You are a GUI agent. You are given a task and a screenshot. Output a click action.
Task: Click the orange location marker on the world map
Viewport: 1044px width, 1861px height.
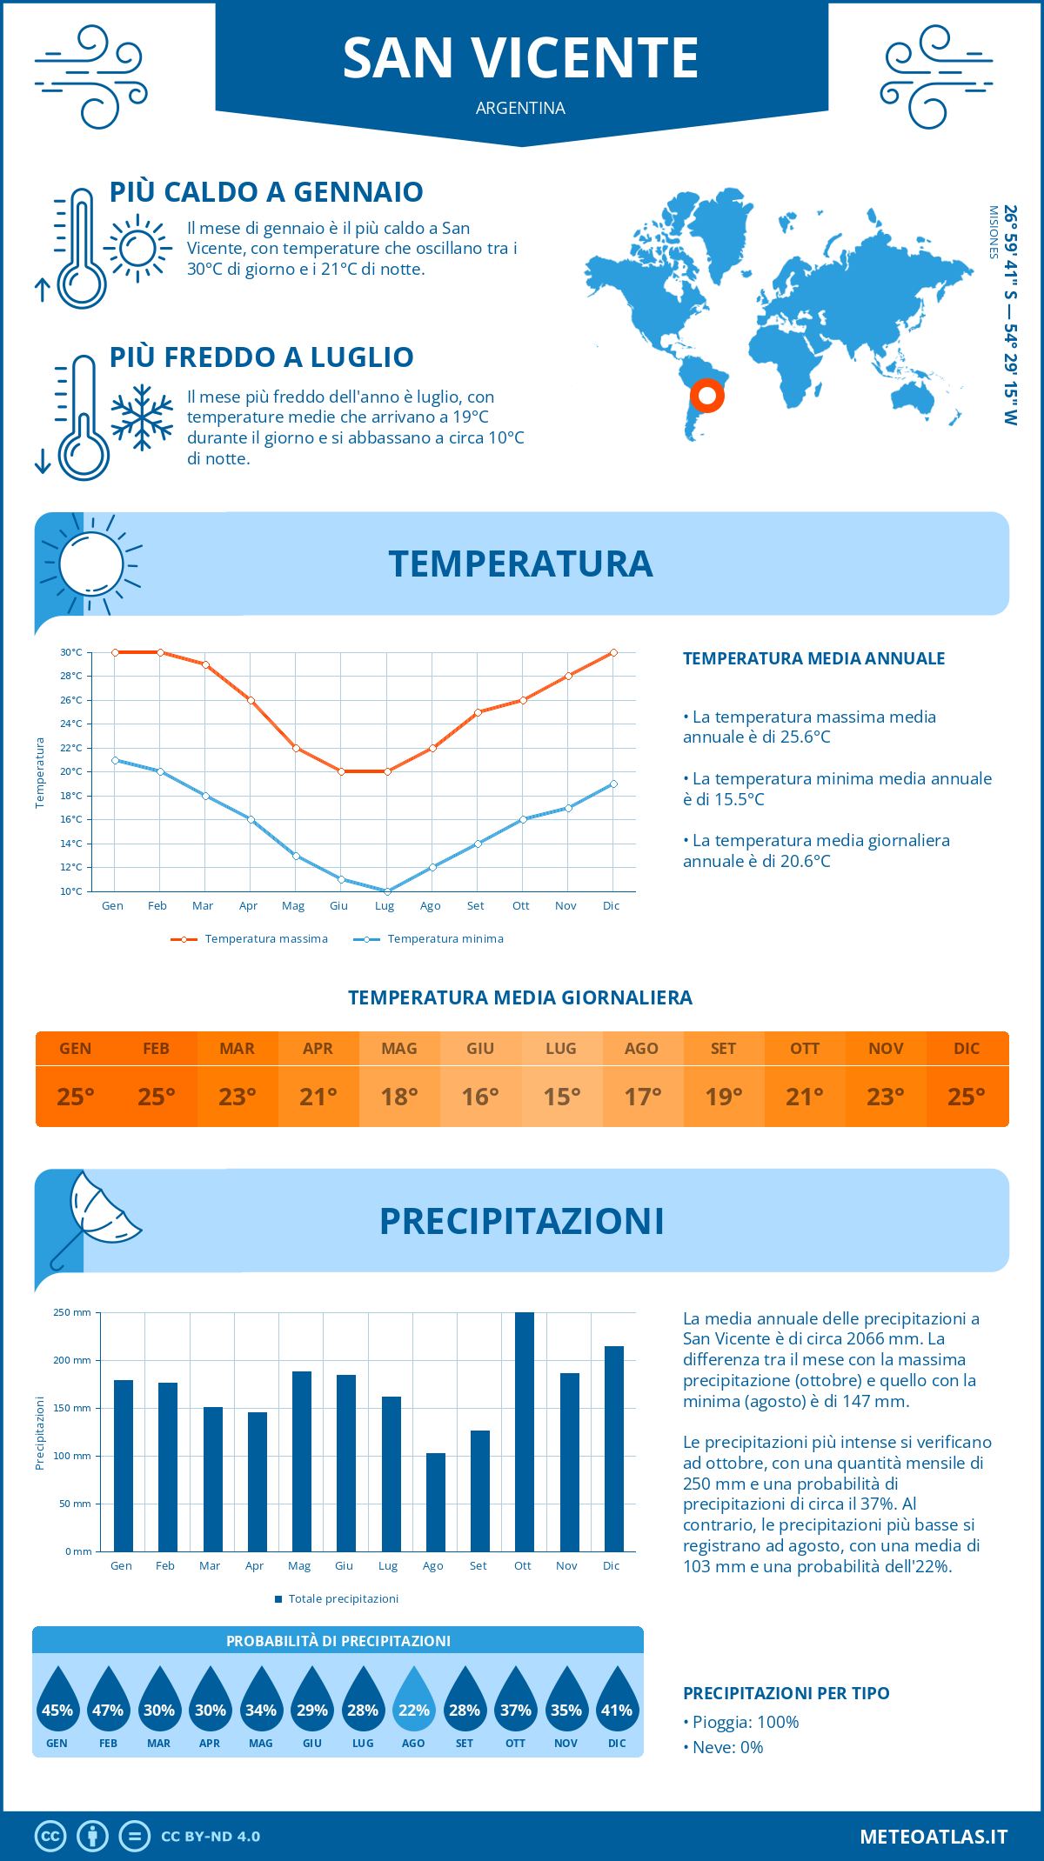tap(707, 396)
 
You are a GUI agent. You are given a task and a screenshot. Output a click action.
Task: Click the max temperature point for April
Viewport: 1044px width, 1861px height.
tap(251, 700)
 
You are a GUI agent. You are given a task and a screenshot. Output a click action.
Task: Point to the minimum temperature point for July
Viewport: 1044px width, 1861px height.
tap(387, 890)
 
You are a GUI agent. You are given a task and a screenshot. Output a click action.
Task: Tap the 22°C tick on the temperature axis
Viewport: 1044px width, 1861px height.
tap(71, 748)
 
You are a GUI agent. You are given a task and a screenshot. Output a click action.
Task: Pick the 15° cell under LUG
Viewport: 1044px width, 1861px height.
tap(561, 1097)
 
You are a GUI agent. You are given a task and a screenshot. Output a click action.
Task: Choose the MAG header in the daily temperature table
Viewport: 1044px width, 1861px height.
tap(398, 1049)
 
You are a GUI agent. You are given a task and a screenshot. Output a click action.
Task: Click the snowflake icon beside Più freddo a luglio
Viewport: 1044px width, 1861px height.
tap(142, 417)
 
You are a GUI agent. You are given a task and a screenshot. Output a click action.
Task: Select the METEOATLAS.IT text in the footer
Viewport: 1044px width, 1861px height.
tap(934, 1837)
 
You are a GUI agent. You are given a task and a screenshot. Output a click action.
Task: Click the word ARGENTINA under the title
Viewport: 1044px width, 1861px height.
tap(520, 108)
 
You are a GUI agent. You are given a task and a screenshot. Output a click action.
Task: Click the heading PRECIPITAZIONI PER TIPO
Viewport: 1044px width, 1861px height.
tap(786, 1693)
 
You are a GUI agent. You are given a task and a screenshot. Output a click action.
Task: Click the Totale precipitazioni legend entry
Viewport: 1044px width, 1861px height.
tap(343, 1598)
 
